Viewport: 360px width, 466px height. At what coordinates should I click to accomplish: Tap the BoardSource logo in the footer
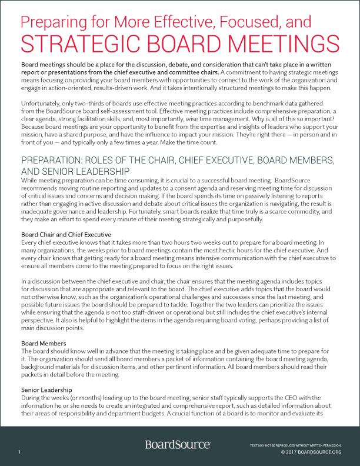pos(178,445)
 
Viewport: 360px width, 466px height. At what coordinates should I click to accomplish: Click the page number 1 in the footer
pos(19,452)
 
